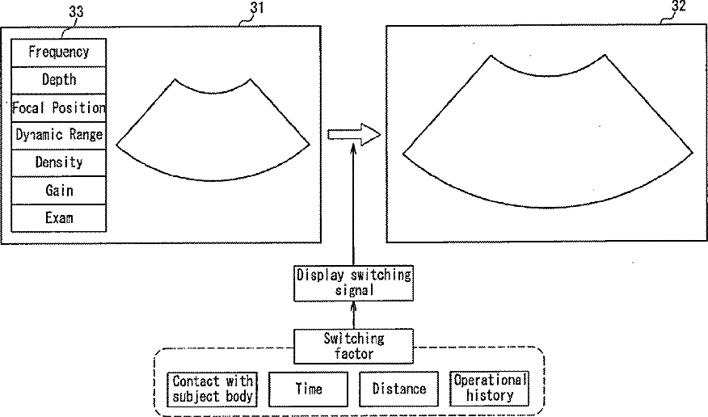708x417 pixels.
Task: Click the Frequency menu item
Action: (59, 53)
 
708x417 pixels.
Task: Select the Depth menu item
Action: (59, 80)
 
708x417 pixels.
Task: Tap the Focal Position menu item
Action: (59, 107)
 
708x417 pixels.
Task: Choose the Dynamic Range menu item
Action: (59, 135)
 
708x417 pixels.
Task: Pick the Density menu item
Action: (59, 162)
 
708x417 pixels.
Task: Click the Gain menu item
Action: (59, 191)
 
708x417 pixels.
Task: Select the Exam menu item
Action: (59, 218)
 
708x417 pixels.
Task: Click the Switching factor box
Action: (353, 346)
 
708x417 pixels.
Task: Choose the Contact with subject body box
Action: (213, 389)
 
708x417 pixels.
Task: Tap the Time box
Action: (308, 389)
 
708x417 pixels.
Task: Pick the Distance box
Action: (398, 389)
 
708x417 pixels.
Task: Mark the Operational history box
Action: (490, 389)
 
